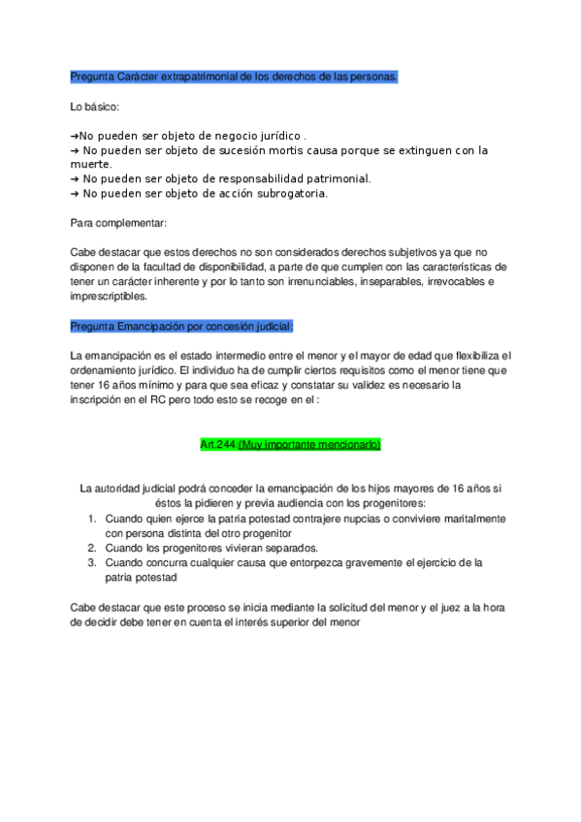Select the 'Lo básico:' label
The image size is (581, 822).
(94, 108)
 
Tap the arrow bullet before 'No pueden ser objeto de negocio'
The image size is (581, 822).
(75, 137)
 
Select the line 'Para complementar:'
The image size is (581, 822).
(118, 223)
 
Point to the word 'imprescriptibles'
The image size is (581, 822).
(109, 297)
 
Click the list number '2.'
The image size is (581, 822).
(92, 548)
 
